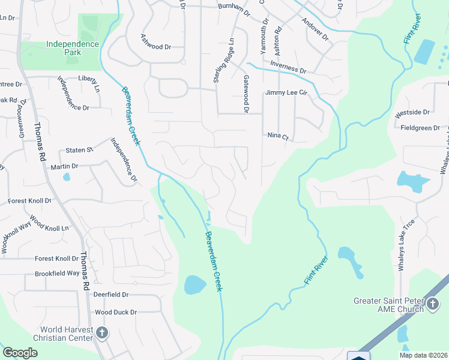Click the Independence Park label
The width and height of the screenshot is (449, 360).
[x=72, y=48]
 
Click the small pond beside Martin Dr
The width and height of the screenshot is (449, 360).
[x=66, y=177]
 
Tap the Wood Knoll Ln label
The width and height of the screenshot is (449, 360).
[x=49, y=224]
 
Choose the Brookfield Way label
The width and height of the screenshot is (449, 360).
[x=57, y=273]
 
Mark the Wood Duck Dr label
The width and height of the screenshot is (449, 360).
[x=116, y=312]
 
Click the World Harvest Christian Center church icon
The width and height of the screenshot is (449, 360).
[x=102, y=332]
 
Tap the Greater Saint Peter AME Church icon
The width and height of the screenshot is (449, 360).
[x=432, y=304]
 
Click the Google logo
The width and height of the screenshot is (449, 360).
[x=20, y=353]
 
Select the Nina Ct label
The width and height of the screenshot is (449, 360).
[x=278, y=137]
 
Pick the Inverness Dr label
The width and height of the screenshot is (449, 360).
[x=288, y=66]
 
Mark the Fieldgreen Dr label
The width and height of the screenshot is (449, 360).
[x=423, y=128]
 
